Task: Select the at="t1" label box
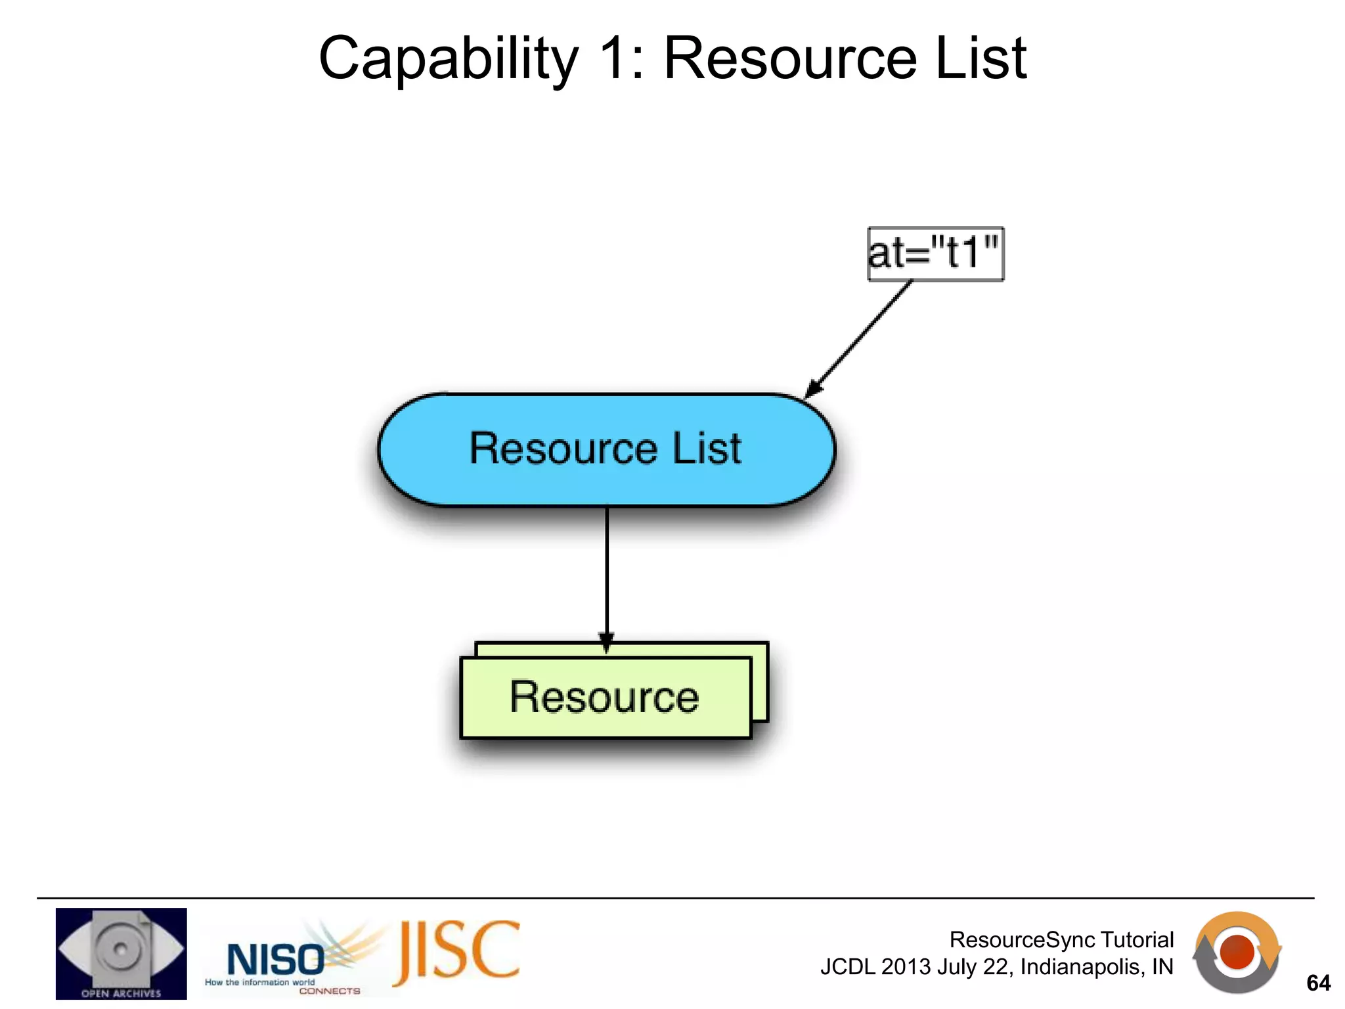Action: (935, 254)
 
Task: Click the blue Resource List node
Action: (606, 449)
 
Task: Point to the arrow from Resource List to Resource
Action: (607, 572)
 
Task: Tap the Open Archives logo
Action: (121, 953)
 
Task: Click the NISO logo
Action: (276, 959)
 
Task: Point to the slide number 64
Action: (1317, 983)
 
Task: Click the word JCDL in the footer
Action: (847, 967)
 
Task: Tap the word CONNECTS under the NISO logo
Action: (330, 991)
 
